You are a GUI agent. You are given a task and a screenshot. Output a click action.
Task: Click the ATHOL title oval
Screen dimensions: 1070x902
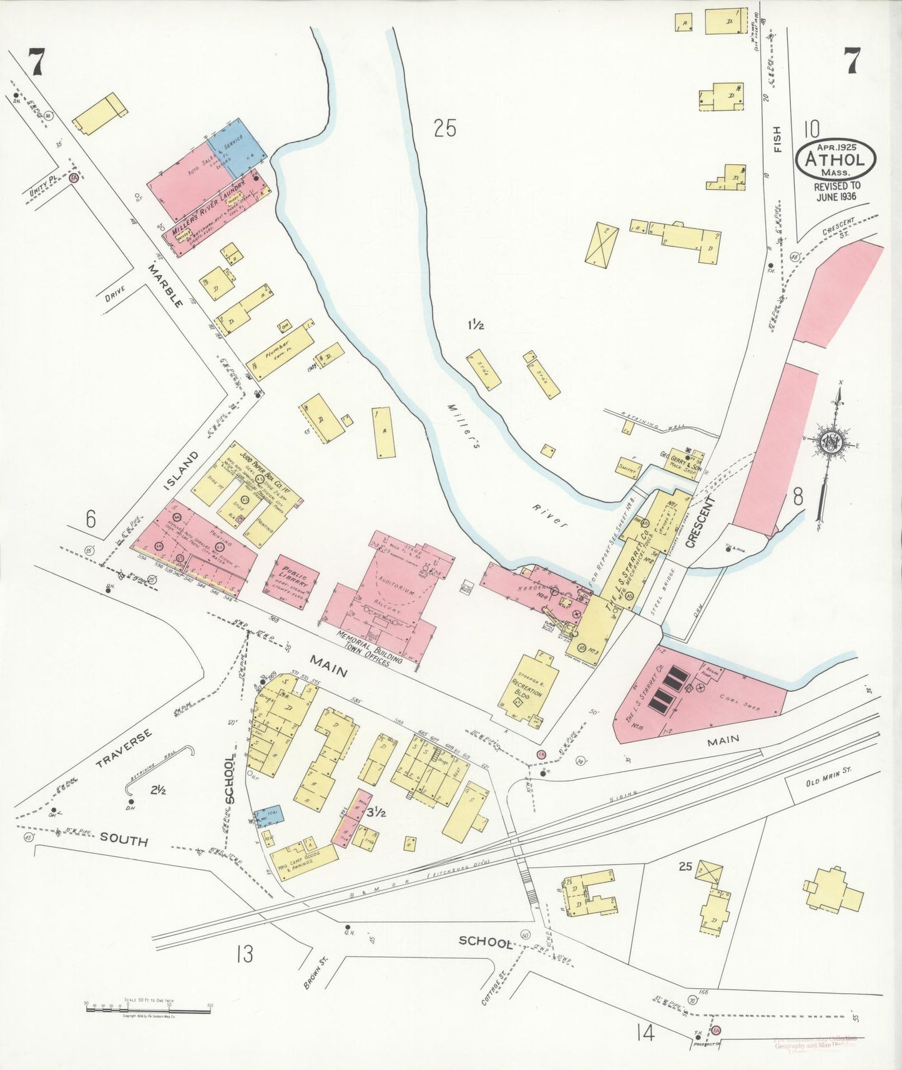point(835,159)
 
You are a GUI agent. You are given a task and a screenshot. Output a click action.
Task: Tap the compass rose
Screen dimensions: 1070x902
point(831,443)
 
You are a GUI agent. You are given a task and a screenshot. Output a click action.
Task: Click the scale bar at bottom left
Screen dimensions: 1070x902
point(147,1007)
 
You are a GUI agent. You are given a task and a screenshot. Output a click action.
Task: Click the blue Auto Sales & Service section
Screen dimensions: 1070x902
point(238,147)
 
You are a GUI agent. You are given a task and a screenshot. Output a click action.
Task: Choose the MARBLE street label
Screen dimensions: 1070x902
point(166,285)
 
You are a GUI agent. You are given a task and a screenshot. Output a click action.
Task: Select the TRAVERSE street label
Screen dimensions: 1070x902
point(125,747)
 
